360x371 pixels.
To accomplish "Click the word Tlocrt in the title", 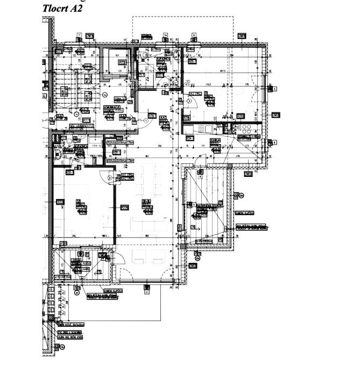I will coord(55,9).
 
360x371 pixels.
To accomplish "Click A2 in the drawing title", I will coord(76,9).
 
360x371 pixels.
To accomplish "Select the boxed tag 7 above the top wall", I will coord(79,34).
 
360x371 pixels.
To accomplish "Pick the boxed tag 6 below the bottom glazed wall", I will coord(146,287).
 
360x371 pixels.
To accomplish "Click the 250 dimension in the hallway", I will coord(159,147).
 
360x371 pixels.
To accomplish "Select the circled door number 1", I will coord(146,121).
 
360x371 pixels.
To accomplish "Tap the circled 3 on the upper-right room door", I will coord(189,101).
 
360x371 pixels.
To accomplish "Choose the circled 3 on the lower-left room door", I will coord(110,177).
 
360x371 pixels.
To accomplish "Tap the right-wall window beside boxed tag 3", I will coord(267,89).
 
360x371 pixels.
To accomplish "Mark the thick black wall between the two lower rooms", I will coord(116,207).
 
